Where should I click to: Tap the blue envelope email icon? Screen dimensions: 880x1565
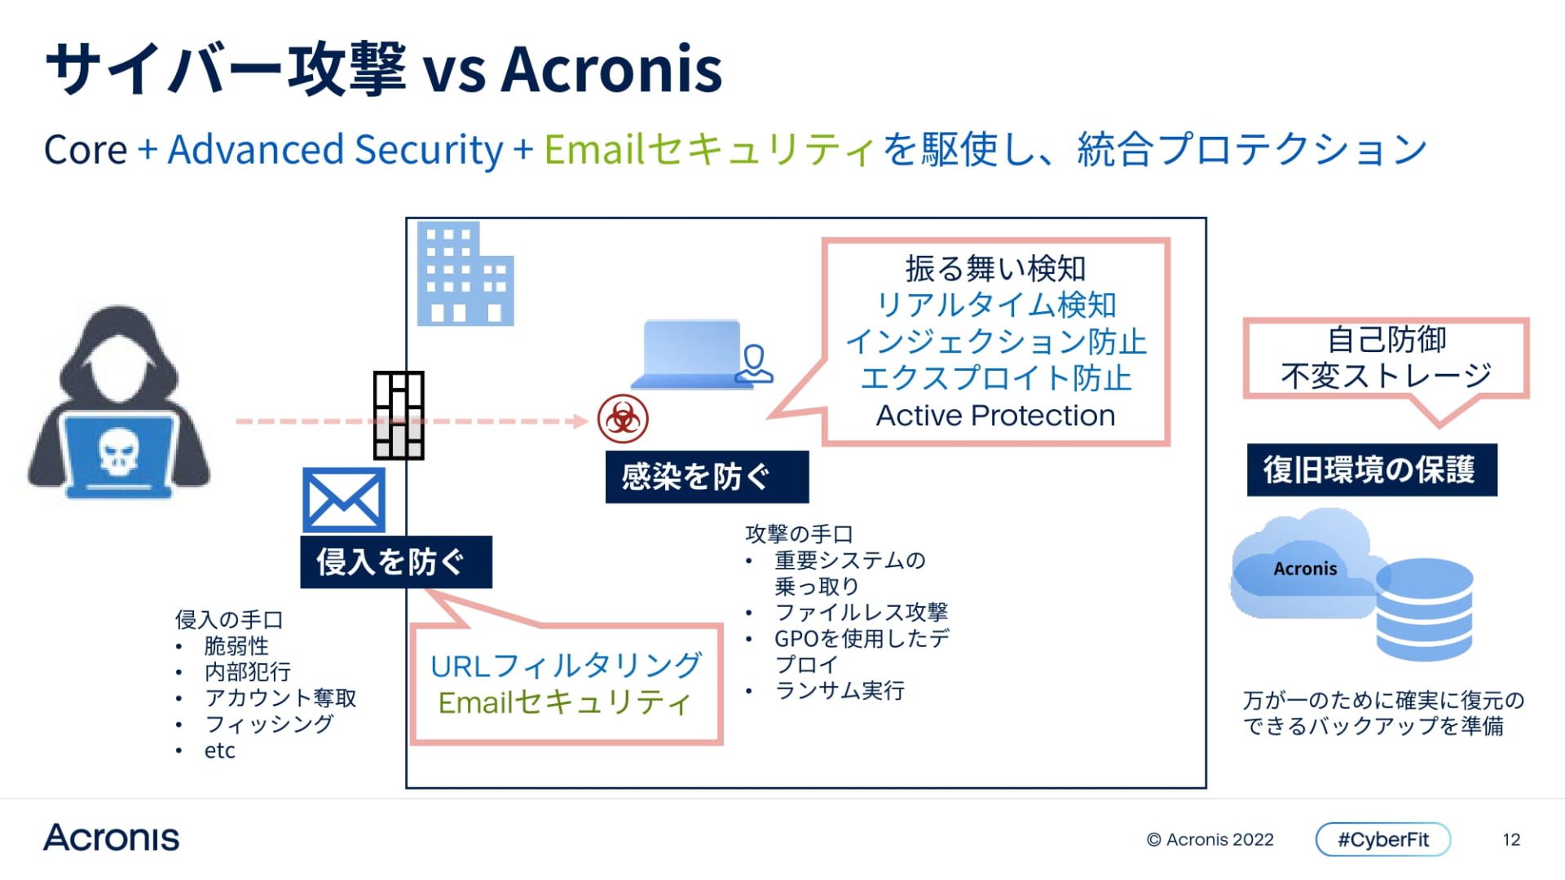point(343,499)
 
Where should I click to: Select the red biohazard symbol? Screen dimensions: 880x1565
point(623,419)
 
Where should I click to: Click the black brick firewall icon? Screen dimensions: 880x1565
point(399,415)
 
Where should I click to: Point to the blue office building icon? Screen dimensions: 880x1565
point(465,275)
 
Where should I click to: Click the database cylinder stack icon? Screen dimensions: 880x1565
point(1424,608)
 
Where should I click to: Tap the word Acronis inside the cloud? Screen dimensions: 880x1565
point(1305,569)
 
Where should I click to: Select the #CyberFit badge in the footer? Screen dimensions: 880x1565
point(1382,839)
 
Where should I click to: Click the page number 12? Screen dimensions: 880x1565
point(1511,839)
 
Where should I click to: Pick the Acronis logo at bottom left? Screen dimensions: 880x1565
point(112,838)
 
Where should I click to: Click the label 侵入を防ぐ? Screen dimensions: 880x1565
point(395,561)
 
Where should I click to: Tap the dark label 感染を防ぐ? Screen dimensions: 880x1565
point(706,477)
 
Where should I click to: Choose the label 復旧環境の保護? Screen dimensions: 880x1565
point(1371,470)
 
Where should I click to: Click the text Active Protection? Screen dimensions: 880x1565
point(995,416)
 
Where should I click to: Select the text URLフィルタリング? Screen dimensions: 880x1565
point(565,666)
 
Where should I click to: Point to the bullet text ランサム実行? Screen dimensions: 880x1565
point(839,691)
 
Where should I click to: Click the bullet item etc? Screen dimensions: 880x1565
point(219,750)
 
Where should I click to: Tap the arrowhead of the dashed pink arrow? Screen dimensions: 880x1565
point(580,421)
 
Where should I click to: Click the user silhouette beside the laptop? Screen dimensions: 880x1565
point(754,364)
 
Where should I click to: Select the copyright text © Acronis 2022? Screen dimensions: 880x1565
point(1210,839)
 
